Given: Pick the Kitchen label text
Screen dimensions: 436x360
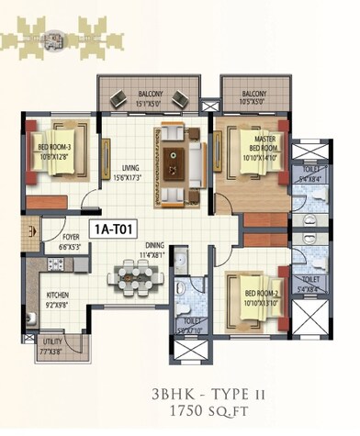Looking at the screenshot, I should pyautogui.click(x=57, y=299).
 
